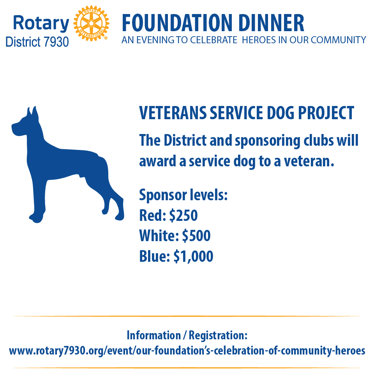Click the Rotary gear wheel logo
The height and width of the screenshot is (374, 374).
91,23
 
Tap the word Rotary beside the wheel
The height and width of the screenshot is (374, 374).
41,23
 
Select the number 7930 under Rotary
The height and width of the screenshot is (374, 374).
56,42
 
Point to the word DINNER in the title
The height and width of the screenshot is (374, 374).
271,23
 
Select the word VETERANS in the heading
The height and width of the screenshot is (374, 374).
173,113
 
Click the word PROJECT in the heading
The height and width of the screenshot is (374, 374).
326,113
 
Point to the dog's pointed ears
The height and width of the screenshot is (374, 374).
33,112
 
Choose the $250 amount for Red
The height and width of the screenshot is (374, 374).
183,215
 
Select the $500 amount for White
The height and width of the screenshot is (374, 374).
196,236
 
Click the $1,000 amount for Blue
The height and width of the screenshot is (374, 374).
194,256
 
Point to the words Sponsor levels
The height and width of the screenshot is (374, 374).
183,195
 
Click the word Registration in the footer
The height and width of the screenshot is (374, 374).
218,335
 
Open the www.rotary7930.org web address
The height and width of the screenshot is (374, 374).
187,351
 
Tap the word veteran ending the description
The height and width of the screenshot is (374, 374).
309,161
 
